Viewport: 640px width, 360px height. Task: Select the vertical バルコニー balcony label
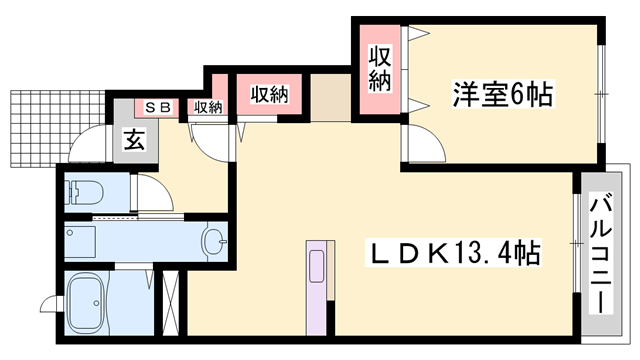point(602,254)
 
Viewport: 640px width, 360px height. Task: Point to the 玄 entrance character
point(134,140)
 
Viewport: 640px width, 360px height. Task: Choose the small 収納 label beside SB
point(207,107)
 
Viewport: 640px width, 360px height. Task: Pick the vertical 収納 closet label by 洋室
point(380,69)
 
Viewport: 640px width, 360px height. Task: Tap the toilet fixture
point(85,190)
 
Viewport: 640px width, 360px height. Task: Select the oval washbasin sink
point(213,240)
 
